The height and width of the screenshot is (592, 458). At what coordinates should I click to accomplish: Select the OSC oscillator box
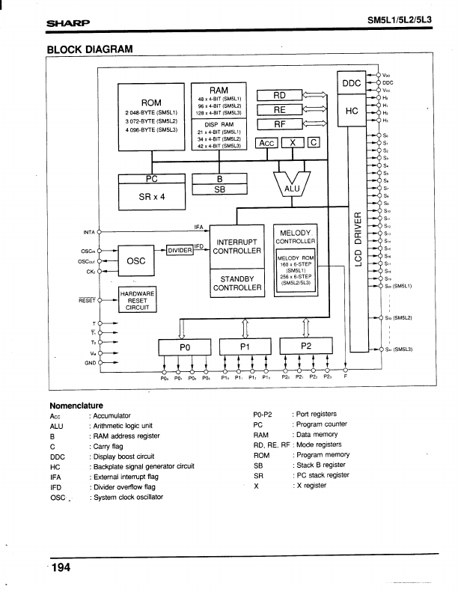tap(135, 260)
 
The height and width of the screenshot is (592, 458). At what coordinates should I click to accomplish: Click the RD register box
tap(278, 95)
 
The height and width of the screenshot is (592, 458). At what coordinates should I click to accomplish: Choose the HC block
tap(351, 111)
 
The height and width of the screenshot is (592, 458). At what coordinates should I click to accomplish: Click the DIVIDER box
tap(180, 250)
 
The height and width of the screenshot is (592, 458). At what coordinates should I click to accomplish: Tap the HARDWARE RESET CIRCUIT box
tap(137, 300)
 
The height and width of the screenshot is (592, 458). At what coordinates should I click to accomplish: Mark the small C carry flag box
tap(314, 142)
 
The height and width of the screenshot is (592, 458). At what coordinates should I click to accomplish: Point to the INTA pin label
tap(89, 232)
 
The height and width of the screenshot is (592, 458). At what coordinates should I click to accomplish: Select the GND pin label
tap(91, 360)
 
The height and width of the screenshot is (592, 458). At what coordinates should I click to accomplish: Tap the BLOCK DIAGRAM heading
tap(89, 50)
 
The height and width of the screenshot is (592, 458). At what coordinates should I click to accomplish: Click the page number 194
tap(61, 567)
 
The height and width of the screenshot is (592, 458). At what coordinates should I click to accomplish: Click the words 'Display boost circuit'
tap(124, 457)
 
